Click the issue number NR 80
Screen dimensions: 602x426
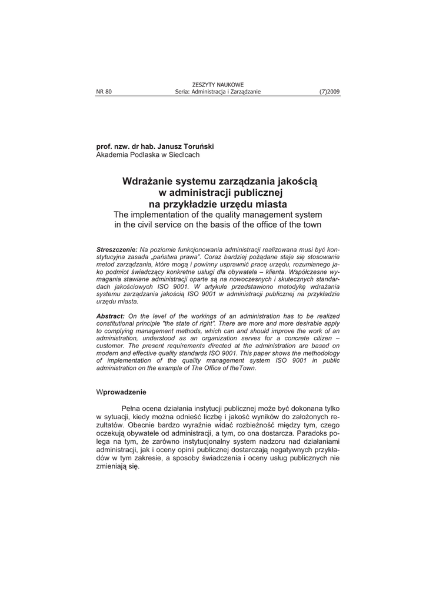(x=104, y=92)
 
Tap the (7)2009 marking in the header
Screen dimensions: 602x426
(x=330, y=92)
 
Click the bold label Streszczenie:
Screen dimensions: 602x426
(x=117, y=250)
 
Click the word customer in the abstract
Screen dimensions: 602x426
(x=111, y=347)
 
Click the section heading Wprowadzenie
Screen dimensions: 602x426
(x=121, y=392)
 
